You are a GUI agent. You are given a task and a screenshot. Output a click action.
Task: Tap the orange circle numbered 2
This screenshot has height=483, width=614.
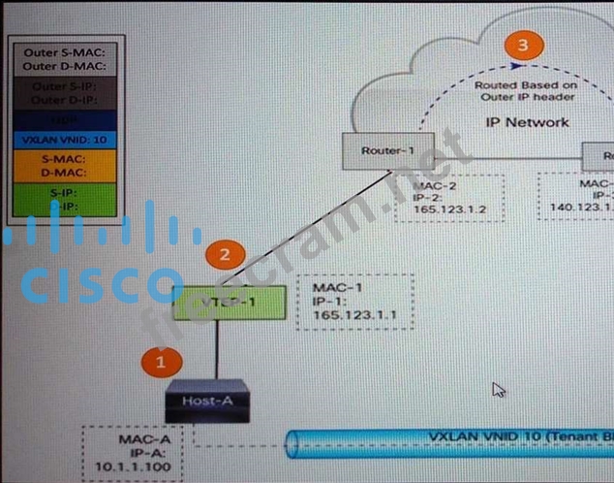point(225,255)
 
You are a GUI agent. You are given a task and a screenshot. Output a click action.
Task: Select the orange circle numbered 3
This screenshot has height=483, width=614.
point(524,45)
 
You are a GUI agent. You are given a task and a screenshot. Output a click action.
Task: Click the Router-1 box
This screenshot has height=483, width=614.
point(387,150)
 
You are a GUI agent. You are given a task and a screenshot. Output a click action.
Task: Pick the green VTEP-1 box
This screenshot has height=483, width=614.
point(230,303)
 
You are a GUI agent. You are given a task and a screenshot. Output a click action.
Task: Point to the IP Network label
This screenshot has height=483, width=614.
point(527,122)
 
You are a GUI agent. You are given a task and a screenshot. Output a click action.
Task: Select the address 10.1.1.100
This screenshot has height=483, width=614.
point(138,468)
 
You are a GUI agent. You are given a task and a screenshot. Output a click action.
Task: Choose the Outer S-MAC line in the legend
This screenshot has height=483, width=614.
point(66,50)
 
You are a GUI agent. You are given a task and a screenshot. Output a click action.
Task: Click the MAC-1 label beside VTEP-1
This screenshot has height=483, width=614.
point(332,288)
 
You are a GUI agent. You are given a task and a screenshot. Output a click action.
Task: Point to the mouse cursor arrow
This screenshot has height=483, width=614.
point(498,389)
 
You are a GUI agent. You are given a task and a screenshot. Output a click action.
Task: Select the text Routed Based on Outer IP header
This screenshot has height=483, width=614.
point(526,91)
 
